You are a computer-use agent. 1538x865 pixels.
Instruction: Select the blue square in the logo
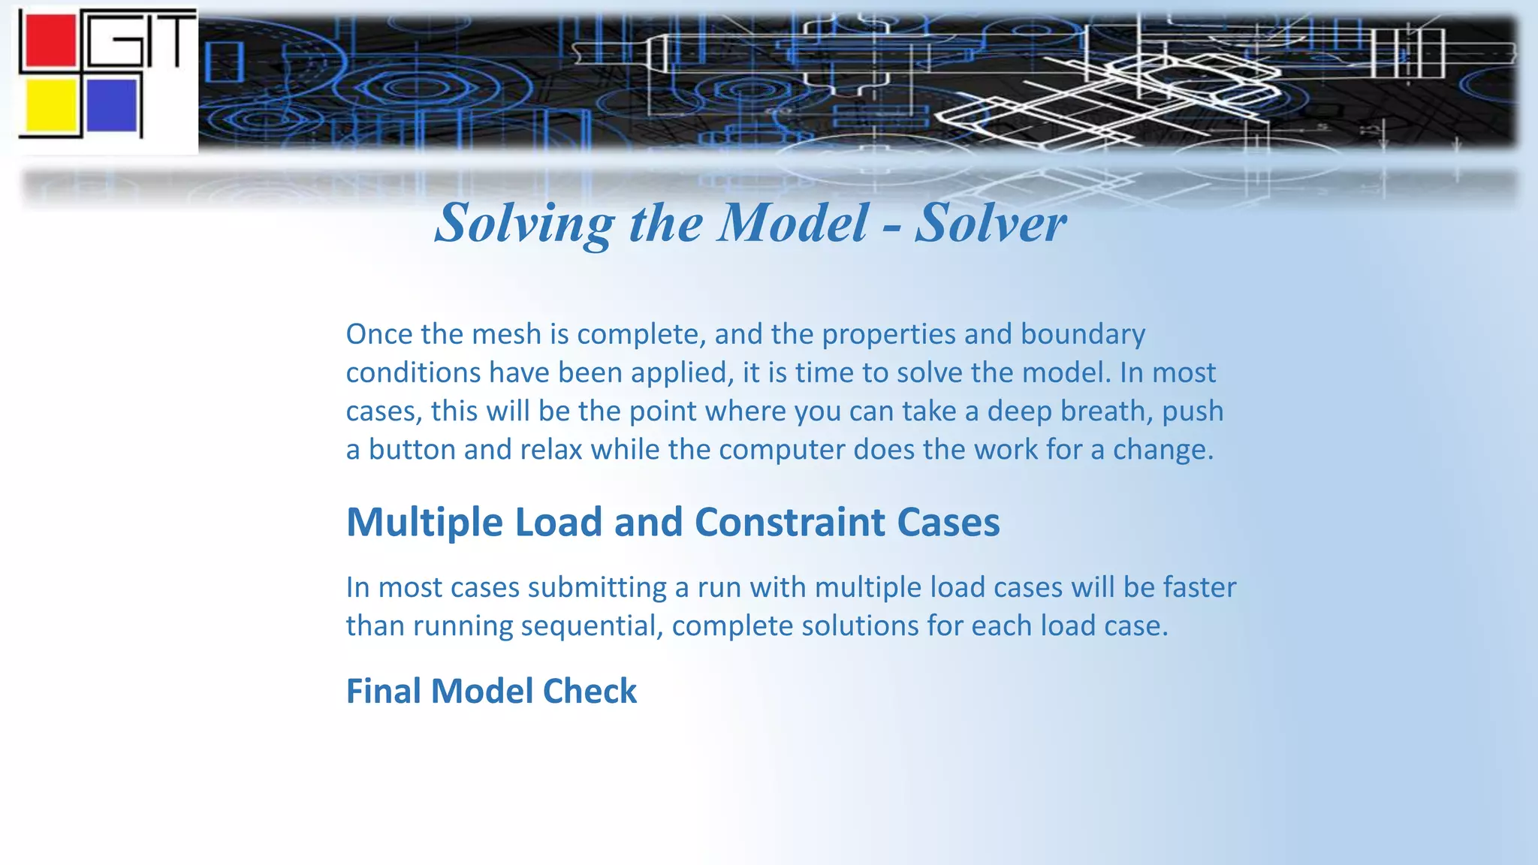[112, 105]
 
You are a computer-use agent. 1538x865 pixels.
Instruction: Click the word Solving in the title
[524, 224]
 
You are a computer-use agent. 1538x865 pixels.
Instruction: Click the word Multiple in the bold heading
[424, 523]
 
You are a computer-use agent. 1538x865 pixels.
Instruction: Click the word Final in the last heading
[383, 692]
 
